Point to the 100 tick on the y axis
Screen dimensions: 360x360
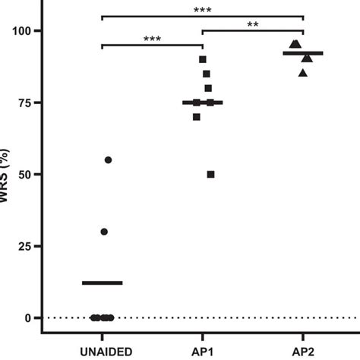(22, 31)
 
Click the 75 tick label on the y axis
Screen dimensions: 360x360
(25, 103)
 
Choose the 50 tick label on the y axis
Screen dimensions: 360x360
(25, 175)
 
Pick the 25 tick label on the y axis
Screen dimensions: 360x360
(25, 246)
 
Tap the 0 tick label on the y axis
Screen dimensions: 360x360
(29, 317)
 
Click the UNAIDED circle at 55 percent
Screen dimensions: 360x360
(108, 160)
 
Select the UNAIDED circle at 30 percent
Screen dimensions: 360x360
(104, 232)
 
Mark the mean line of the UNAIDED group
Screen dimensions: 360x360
(102, 283)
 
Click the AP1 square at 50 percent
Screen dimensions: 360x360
(210, 175)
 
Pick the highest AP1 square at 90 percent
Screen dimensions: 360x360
(203, 59)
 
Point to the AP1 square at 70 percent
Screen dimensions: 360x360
(197, 117)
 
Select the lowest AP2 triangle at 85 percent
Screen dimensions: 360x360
(303, 73)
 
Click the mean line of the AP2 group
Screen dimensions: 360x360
(302, 53)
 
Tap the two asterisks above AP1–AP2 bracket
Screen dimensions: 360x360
(252, 24)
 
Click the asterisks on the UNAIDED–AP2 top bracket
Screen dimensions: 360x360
(202, 10)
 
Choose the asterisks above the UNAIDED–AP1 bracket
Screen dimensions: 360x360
(152, 39)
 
